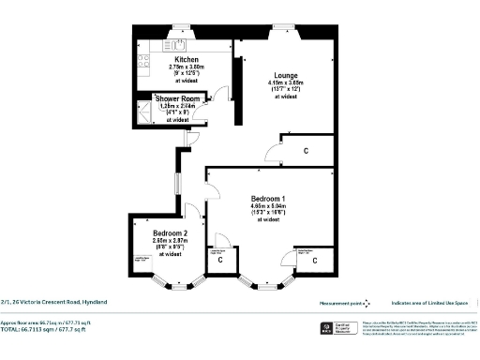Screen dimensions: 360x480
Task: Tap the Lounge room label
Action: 287,74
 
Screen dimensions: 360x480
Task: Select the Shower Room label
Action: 177,98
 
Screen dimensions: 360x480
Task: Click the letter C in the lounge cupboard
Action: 307,150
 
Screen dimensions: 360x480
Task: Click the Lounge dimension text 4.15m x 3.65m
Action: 286,84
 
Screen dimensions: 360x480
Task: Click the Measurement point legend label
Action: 342,302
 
